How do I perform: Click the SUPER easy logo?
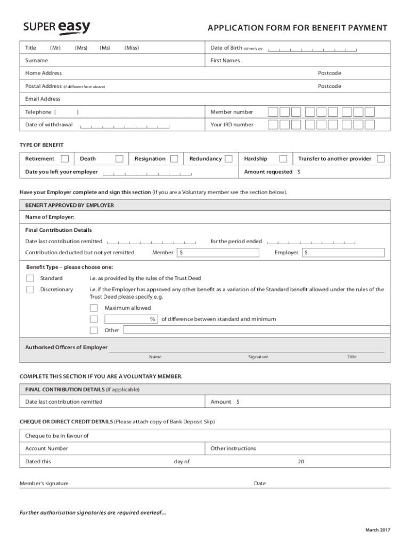click(57, 28)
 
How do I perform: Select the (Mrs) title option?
click(81, 48)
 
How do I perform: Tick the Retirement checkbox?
click(64, 158)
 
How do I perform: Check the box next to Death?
click(119, 158)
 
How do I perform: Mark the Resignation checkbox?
click(174, 158)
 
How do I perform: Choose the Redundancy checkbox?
click(228, 158)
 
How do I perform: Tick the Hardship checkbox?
click(283, 158)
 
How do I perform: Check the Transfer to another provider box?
click(381, 158)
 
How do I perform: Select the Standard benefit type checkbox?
click(30, 278)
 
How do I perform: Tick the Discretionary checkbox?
click(30, 290)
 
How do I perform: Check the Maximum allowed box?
click(94, 308)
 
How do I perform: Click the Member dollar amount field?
click(214, 252)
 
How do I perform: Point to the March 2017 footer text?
click(378, 529)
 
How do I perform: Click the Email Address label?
click(43, 99)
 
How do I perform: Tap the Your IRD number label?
click(232, 125)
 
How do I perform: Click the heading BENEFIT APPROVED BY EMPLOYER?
click(69, 205)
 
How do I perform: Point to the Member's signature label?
click(44, 484)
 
